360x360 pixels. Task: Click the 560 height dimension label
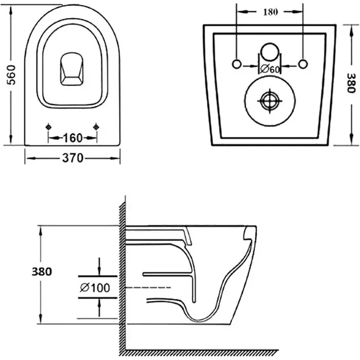11,75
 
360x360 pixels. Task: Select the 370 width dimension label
73,158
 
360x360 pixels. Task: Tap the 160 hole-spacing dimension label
73,138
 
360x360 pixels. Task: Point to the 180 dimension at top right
270,12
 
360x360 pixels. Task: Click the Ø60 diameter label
270,69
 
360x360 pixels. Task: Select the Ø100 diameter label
95,287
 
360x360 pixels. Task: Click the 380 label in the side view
42,272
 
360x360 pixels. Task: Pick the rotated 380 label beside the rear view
351,83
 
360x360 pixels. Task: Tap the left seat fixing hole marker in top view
48,127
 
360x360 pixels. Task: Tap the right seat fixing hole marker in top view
96,127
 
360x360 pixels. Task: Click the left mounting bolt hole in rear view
237,64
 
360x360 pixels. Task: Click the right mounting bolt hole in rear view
303,64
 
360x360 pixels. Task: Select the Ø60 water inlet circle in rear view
270,52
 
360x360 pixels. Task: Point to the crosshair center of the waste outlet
270,101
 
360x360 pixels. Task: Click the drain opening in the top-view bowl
71,69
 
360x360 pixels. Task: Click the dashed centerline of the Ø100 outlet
148,287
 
